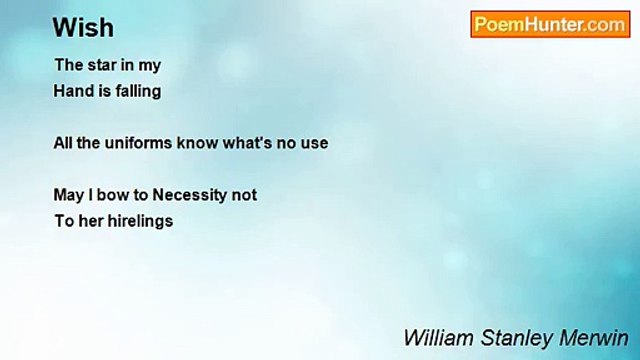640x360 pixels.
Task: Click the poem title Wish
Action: [x=84, y=27]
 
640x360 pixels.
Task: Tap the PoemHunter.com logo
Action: [x=549, y=25]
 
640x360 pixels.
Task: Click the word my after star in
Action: [x=150, y=65]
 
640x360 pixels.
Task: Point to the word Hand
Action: [x=72, y=91]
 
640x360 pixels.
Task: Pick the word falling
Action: [x=137, y=91]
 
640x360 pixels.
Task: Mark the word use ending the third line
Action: [x=314, y=143]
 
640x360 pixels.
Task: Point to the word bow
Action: [x=111, y=195]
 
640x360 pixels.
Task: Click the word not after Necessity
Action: [x=244, y=195]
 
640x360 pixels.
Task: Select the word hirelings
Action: [x=141, y=221]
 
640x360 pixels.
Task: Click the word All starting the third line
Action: [x=63, y=143]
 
